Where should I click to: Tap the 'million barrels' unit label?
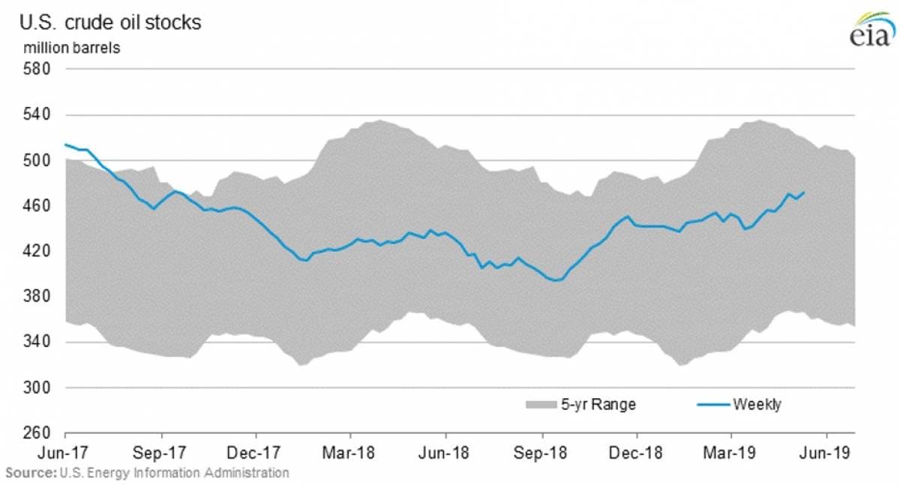(72, 47)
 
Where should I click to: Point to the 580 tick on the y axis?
(37, 69)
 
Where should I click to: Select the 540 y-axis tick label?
(37, 115)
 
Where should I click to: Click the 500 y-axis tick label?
(37, 160)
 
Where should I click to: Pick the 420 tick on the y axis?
(37, 251)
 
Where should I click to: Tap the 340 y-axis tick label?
(37, 343)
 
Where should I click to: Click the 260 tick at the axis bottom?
(37, 434)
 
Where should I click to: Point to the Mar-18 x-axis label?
(351, 454)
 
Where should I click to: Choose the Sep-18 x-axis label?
(541, 454)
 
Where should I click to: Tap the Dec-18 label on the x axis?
(637, 454)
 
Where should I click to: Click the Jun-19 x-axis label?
(827, 454)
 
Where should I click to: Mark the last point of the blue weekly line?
(804, 193)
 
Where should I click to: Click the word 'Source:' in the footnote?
(30, 473)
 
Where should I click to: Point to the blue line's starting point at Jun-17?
(66, 144)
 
